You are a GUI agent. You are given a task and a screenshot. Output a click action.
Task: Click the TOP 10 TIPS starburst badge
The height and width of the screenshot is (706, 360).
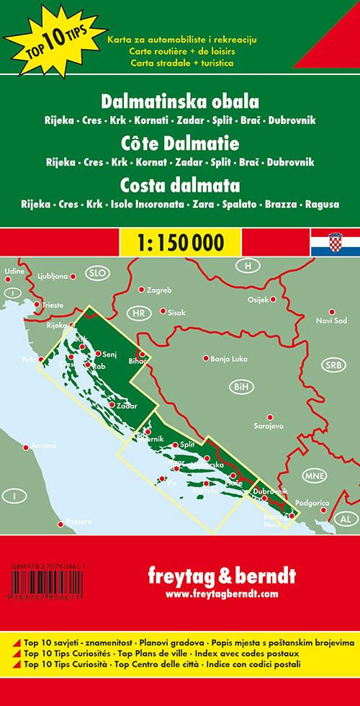click(36, 34)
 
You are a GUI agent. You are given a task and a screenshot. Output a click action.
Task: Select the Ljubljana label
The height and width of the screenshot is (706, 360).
click(55, 276)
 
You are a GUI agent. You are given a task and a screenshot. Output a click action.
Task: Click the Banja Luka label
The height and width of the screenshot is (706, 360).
click(230, 357)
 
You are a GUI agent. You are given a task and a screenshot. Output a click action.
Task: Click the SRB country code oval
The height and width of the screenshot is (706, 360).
click(332, 365)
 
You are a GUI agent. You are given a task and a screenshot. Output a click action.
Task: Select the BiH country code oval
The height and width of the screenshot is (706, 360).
click(240, 388)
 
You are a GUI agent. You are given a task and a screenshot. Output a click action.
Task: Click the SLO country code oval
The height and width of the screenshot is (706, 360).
click(95, 273)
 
